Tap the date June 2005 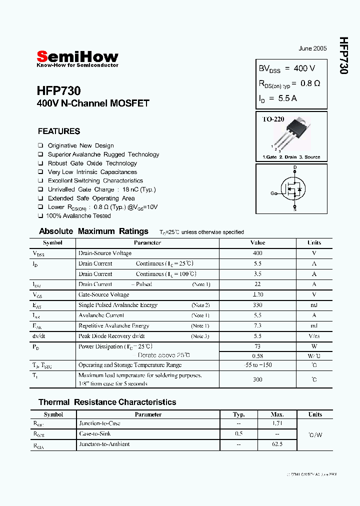(x=312, y=48)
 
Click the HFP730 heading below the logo (x=58, y=91)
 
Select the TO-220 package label (x=273, y=119)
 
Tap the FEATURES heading (x=59, y=131)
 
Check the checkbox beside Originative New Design (x=40, y=145)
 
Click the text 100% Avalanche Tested (x=78, y=216)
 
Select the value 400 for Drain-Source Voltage (x=257, y=253)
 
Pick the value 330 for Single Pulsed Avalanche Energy (x=257, y=304)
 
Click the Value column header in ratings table (x=257, y=242)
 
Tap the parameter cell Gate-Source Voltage (x=103, y=294)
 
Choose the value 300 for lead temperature (x=257, y=379)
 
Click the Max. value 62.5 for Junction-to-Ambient (x=277, y=444)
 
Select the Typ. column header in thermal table (x=239, y=414)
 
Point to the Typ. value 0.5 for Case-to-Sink (x=239, y=433)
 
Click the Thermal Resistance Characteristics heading (x=107, y=402)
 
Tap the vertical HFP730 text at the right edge (x=343, y=55)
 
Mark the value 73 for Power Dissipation (x=257, y=346)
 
